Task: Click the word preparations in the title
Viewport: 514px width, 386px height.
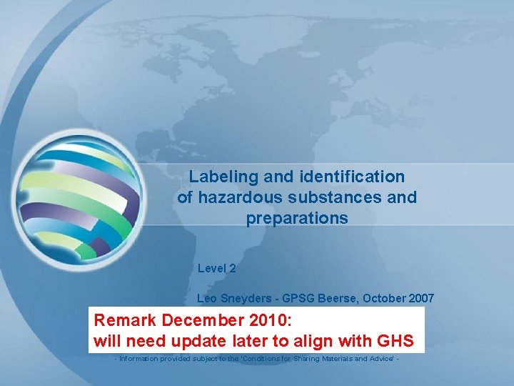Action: pyautogui.click(x=297, y=218)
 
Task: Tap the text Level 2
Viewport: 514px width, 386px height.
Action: pyautogui.click(x=216, y=269)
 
